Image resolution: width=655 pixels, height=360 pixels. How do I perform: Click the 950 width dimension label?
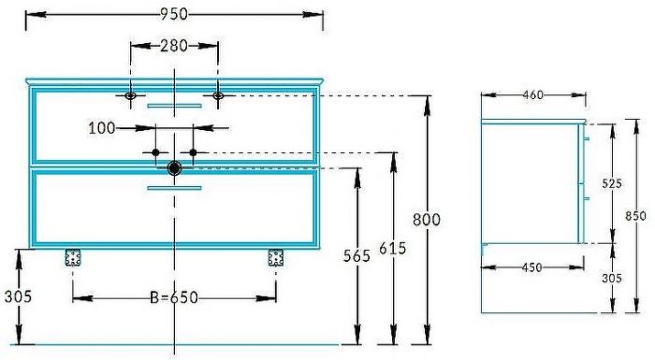point(174,14)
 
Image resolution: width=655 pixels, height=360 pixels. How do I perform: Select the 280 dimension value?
point(174,46)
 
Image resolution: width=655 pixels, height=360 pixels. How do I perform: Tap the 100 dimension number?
point(101,128)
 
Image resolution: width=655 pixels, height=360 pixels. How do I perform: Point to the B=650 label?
point(174,297)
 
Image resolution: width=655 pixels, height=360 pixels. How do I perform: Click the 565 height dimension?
point(357,255)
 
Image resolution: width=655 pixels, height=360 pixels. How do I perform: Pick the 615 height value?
point(393,248)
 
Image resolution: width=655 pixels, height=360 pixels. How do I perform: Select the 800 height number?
point(427,220)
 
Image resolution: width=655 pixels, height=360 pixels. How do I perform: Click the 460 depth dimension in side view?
point(533,95)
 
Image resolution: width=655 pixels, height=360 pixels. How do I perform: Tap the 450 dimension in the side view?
point(531,267)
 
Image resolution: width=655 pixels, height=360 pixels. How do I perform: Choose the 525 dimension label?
point(612,183)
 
